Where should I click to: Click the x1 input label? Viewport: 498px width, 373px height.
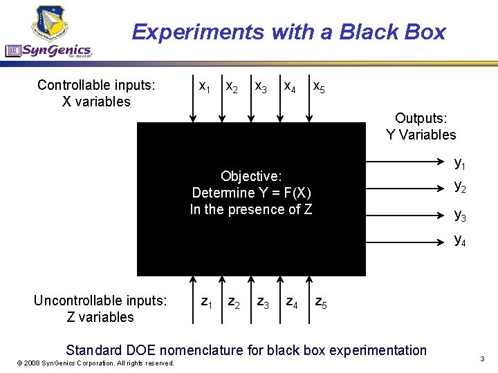(205, 88)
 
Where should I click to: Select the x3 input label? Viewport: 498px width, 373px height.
(261, 88)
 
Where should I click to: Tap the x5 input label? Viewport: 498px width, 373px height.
(320, 88)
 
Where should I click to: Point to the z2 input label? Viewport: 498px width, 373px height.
(234, 302)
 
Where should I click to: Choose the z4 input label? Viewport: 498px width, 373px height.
(293, 302)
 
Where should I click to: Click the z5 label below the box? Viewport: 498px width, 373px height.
(322, 302)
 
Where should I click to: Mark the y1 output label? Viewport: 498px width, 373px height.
(460, 164)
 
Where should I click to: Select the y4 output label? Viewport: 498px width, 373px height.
(460, 240)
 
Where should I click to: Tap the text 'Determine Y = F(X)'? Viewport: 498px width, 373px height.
(251, 193)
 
